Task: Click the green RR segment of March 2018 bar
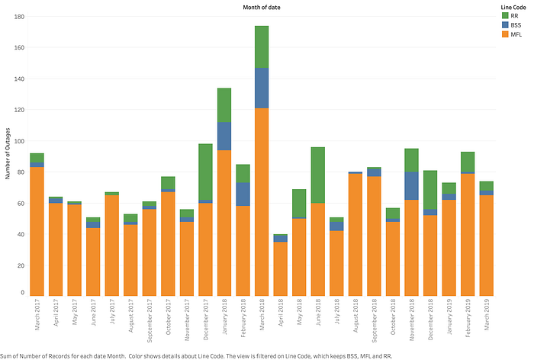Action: [262, 47]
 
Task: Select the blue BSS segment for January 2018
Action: [224, 137]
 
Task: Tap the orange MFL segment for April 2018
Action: [280, 268]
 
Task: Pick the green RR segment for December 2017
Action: [205, 172]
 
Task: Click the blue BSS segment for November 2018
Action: [411, 186]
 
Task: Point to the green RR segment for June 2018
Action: [318, 175]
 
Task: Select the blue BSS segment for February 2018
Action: [243, 194]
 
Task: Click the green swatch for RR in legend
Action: [505, 16]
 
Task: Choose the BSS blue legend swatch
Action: [505, 25]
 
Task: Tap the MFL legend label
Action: [516, 34]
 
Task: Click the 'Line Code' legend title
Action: [513, 7]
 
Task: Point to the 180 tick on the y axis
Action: [19, 17]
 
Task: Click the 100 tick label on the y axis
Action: [19, 141]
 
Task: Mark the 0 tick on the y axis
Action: [22, 292]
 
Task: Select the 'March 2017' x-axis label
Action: [37, 314]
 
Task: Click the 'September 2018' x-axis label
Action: [375, 320]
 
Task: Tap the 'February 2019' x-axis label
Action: [468, 318]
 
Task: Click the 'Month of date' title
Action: [262, 7]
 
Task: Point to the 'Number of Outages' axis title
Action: [8, 153]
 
